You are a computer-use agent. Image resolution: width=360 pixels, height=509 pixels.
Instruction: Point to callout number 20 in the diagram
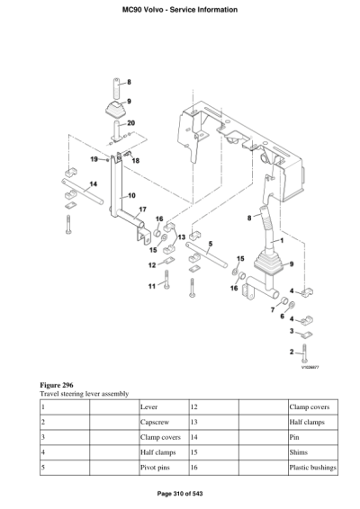coord(131,122)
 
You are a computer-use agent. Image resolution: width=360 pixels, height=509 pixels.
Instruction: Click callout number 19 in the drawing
coord(94,158)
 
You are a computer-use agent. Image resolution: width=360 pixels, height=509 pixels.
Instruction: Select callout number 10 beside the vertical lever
coord(130,194)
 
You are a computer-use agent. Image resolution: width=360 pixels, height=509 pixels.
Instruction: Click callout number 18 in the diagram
coord(136,161)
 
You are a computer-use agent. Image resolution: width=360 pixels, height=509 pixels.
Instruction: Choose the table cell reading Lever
coord(149,407)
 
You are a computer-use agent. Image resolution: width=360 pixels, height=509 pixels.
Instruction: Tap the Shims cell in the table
coord(299,453)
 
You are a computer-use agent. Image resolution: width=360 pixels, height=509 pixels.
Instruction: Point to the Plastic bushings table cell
coord(312,469)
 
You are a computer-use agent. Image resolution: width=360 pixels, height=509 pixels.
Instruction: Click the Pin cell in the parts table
coord(293,438)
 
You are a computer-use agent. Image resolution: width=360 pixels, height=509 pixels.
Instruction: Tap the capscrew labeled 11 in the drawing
coord(166,287)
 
